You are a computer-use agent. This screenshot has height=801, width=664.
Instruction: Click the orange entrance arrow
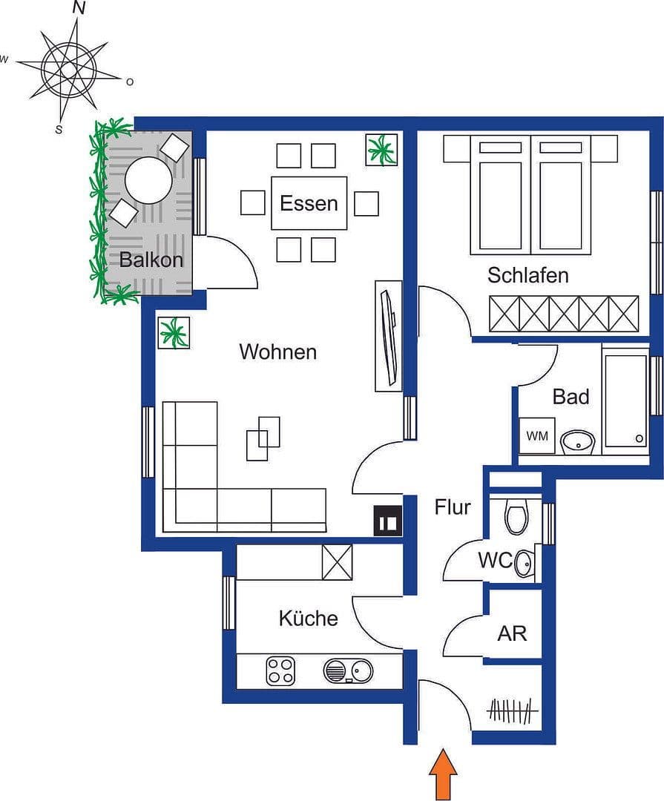coord(443,774)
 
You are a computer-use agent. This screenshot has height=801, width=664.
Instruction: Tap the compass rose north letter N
coord(79,8)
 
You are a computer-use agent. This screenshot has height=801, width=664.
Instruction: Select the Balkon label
coord(151,260)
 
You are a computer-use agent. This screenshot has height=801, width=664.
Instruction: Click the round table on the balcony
coord(148,180)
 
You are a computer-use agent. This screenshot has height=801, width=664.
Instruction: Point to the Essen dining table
coord(309,203)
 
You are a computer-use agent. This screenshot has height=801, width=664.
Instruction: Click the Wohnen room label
coord(277,352)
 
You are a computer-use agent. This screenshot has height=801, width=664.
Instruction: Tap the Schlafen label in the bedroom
coord(527,275)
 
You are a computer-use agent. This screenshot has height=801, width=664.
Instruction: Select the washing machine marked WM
coord(537,437)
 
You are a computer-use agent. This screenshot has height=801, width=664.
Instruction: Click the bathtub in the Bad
coord(625,400)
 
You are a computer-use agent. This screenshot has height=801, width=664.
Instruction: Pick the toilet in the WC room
coord(516,516)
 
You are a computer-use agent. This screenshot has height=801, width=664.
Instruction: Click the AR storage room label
coord(512,633)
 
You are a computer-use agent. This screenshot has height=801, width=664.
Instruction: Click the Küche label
coord(308,618)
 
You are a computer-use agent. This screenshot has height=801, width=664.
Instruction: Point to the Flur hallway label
coord(453,507)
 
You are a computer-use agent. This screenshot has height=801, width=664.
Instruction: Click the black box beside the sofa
coord(388,521)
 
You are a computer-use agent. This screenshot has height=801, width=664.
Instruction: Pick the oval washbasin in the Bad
coord(577,443)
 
